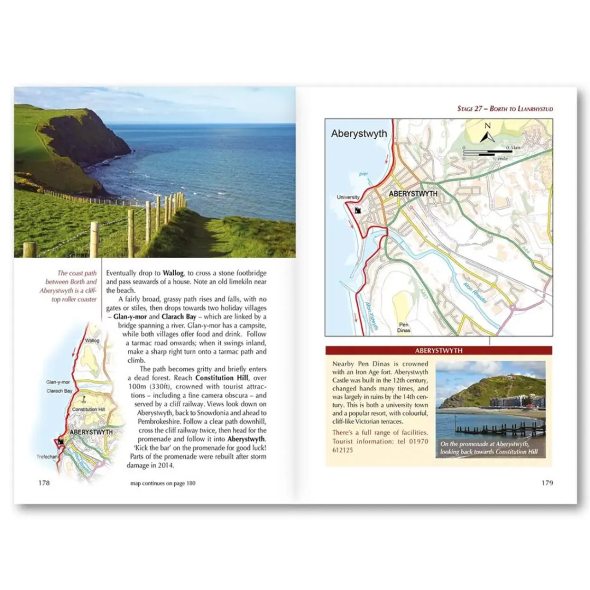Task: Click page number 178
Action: coord(44,483)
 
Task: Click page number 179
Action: coord(547,483)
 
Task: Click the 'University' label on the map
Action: coord(348,197)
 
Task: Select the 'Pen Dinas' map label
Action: coord(404,327)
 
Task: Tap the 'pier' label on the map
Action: coord(364,174)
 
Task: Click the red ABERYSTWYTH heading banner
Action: coord(438,350)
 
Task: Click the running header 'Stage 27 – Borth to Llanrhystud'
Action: coord(505,109)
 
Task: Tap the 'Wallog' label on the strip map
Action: coord(92,341)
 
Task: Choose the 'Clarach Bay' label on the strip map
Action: coord(59,391)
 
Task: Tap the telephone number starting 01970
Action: coord(380,445)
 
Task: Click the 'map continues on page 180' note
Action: coord(163,483)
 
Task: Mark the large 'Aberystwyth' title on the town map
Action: coord(359,134)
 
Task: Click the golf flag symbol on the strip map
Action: coord(84,398)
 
